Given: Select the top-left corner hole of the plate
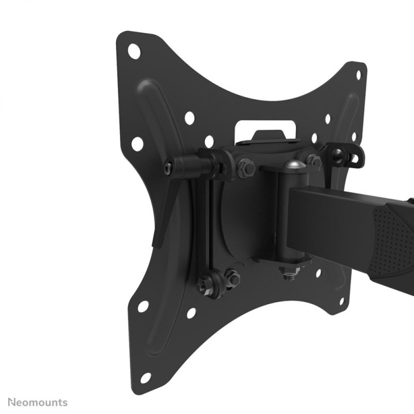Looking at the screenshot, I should point(134,52).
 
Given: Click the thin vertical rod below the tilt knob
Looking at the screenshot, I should point(209,224).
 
